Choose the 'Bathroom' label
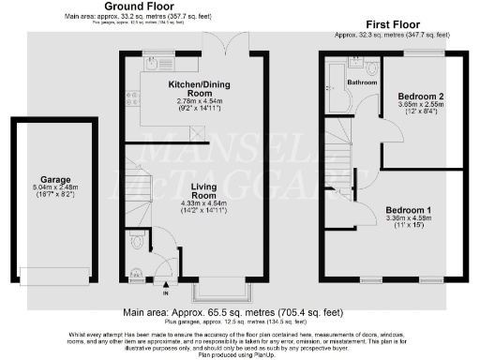(362, 82)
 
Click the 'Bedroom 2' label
(418, 97)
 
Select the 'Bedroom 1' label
(411, 209)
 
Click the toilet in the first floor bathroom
(371, 67)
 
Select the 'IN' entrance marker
(167, 292)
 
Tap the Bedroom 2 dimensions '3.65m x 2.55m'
(418, 108)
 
